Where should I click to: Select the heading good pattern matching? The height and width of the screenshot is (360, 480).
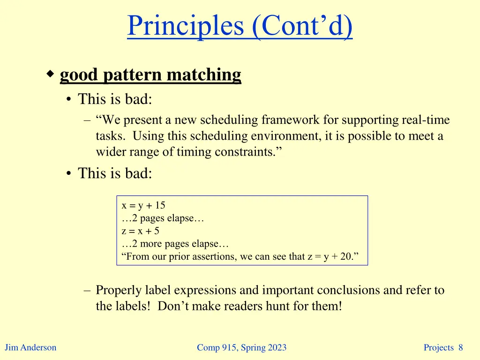click(150, 75)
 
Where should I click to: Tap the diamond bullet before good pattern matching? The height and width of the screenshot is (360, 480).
click(51, 74)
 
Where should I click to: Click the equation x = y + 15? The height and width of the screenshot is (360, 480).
click(143, 205)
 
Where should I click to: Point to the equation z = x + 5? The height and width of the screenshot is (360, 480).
click(140, 231)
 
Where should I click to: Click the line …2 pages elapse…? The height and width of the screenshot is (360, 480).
click(162, 218)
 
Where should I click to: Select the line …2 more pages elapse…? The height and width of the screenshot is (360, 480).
click(175, 244)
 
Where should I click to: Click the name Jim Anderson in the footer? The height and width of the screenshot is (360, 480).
click(30, 347)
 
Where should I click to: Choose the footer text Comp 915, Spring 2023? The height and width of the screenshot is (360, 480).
click(241, 347)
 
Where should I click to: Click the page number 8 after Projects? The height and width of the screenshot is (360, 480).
click(461, 347)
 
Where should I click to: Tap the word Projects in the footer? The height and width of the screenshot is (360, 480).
click(439, 347)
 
